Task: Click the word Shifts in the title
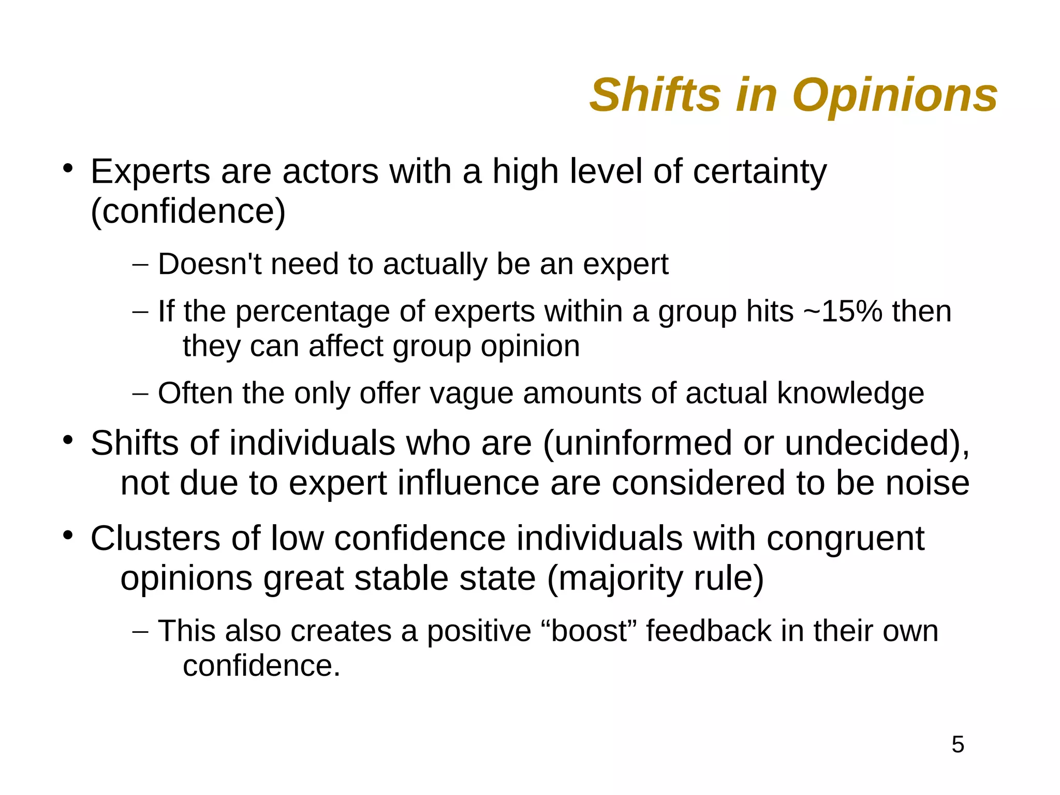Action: [x=655, y=95]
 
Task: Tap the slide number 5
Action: [x=958, y=745]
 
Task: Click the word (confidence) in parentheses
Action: [x=188, y=211]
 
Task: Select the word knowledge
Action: [x=850, y=393]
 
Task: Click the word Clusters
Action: [x=155, y=538]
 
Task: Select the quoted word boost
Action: [x=588, y=631]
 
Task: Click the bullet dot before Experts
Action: [x=67, y=169]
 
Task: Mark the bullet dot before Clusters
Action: [x=67, y=536]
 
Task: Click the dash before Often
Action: [x=140, y=394]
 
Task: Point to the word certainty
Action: [x=759, y=172]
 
